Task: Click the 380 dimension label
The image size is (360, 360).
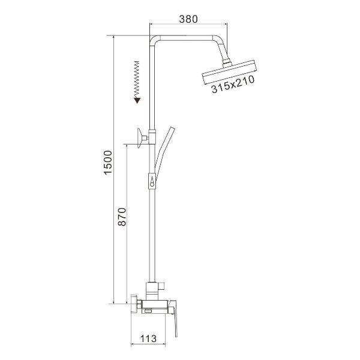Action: pyautogui.click(x=188, y=19)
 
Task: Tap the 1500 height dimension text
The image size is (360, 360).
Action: pyautogui.click(x=108, y=163)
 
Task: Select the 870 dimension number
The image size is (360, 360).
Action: pyautogui.click(x=122, y=217)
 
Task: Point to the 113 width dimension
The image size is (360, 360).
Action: pyautogui.click(x=148, y=338)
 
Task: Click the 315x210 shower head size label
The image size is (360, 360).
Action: pyautogui.click(x=233, y=84)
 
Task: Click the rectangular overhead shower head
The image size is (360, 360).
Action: pyautogui.click(x=229, y=72)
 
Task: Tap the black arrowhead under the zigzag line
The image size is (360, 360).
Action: pyautogui.click(x=137, y=100)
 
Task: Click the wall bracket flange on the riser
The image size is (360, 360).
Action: pyautogui.click(x=140, y=138)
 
